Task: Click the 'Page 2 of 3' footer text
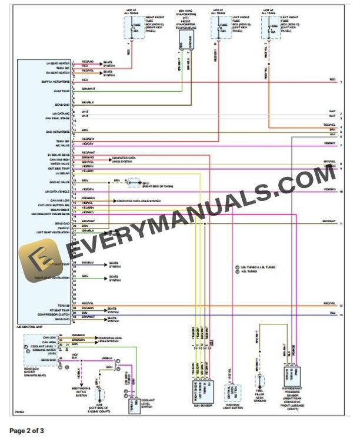[x=27, y=431]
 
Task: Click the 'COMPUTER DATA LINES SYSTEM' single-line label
[x=139, y=201]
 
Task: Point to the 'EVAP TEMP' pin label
[x=62, y=91]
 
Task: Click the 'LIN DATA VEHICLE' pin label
[x=57, y=191]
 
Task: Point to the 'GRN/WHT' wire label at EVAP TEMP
[x=88, y=89]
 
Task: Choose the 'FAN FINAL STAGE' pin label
[x=58, y=118]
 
